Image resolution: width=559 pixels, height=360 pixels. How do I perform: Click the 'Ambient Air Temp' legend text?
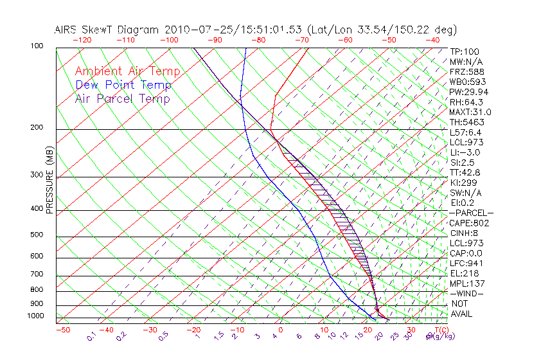[x=127, y=71]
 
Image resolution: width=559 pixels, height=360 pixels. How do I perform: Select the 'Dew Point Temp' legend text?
[x=123, y=85]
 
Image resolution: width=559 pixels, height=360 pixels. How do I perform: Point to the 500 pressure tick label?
[x=36, y=235]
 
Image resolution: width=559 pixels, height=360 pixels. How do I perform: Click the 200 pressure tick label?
[x=36, y=128]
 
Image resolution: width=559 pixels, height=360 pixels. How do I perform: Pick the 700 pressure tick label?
[x=36, y=274]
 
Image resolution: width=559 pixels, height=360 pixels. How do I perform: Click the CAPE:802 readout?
[x=470, y=223]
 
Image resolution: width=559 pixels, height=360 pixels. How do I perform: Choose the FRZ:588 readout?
[x=466, y=71]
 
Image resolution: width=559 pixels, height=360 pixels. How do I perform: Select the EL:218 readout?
[x=464, y=273]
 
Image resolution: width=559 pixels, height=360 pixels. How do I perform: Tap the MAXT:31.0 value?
[x=470, y=112]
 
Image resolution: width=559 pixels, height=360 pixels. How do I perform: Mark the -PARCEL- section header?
[x=471, y=213]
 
